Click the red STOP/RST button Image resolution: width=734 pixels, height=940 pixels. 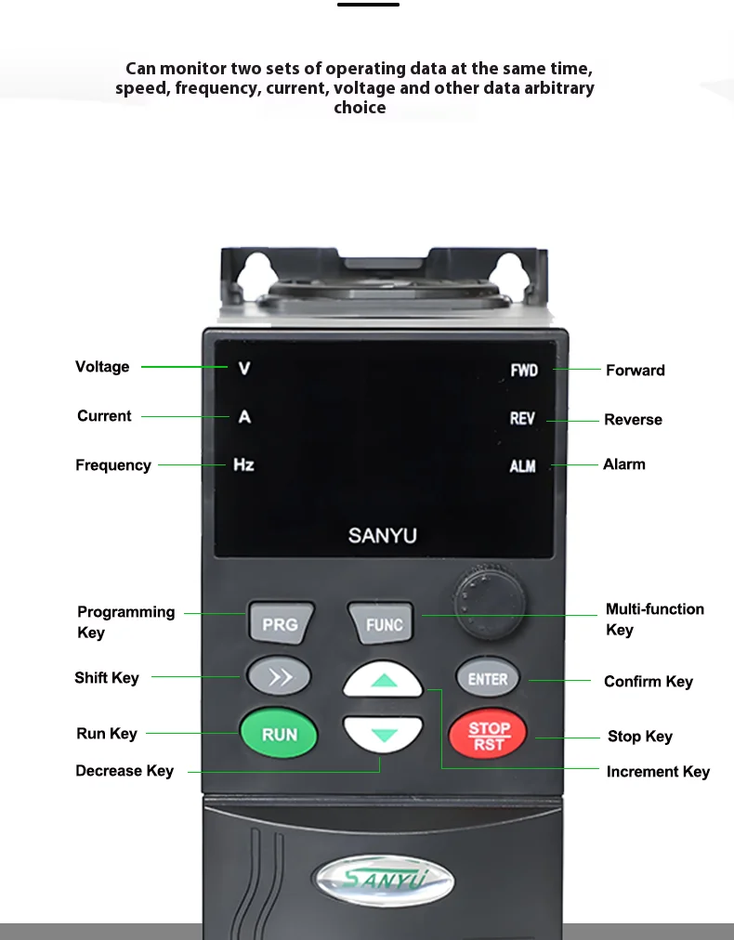[x=488, y=735]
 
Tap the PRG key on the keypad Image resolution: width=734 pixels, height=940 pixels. [x=280, y=624]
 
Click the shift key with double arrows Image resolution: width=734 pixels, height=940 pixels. [x=279, y=677]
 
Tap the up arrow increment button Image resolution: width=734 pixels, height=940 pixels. [x=383, y=681]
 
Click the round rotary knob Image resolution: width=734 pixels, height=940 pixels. [x=489, y=596]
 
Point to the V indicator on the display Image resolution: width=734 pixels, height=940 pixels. [x=244, y=369]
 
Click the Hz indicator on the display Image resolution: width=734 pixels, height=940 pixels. [x=243, y=464]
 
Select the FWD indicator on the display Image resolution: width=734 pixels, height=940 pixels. [x=524, y=371]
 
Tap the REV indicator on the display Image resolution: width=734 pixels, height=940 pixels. [x=522, y=419]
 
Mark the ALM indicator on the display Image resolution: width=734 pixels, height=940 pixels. [x=523, y=466]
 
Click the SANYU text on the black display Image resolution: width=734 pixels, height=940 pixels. [x=383, y=536]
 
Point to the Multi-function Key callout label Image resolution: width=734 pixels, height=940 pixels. [x=655, y=620]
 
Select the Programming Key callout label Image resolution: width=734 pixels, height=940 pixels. [x=125, y=622]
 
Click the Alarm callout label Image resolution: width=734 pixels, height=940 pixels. [x=624, y=464]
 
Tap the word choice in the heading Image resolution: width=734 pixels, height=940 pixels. [x=360, y=108]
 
